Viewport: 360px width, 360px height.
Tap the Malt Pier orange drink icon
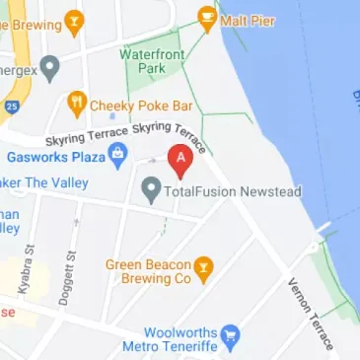click(x=207, y=17)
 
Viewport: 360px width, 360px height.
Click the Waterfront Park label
click(x=152, y=61)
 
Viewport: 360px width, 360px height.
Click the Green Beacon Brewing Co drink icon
click(x=203, y=267)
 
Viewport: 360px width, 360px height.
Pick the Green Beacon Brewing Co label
click(x=148, y=271)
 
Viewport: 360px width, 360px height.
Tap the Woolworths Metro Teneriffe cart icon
click(x=231, y=335)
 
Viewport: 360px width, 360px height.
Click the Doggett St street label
click(x=71, y=268)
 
